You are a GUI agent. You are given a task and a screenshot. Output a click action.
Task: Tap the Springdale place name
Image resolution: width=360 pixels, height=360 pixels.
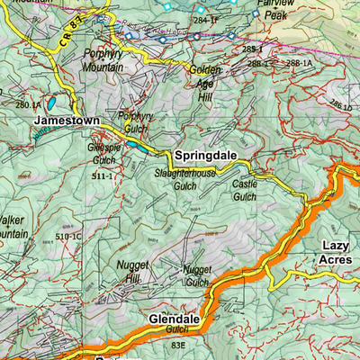click(205, 155)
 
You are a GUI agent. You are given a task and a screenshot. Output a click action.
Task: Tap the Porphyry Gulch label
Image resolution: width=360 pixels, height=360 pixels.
click(136, 121)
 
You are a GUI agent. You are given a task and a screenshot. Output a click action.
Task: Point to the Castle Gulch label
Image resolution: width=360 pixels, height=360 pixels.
click(243, 190)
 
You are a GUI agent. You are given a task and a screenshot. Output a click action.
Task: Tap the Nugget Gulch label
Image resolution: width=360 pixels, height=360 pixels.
click(196, 275)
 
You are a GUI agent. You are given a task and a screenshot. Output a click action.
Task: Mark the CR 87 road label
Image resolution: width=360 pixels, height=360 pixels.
click(70, 31)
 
